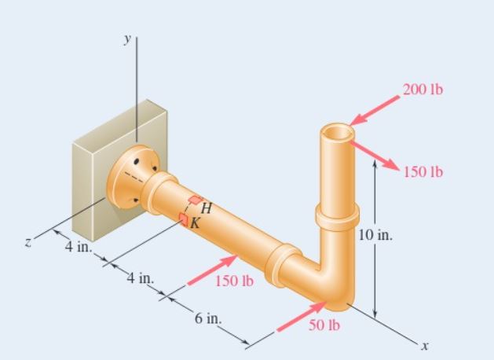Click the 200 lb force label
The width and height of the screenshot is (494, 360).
click(423, 89)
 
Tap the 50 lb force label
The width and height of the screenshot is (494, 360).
click(324, 325)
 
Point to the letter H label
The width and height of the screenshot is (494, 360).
click(207, 208)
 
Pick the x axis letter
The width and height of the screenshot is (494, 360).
click(425, 344)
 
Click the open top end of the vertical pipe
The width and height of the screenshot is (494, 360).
click(337, 132)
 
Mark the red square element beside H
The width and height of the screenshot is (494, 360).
click(194, 200)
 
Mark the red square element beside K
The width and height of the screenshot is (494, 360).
click(184, 219)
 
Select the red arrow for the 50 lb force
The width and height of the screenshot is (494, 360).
click(302, 316)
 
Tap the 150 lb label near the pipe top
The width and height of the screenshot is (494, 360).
click(423, 172)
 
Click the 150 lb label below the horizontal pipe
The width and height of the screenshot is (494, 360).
click(233, 281)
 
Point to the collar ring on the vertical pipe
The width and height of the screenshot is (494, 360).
click(337, 214)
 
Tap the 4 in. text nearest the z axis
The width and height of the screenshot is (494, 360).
click(79, 247)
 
